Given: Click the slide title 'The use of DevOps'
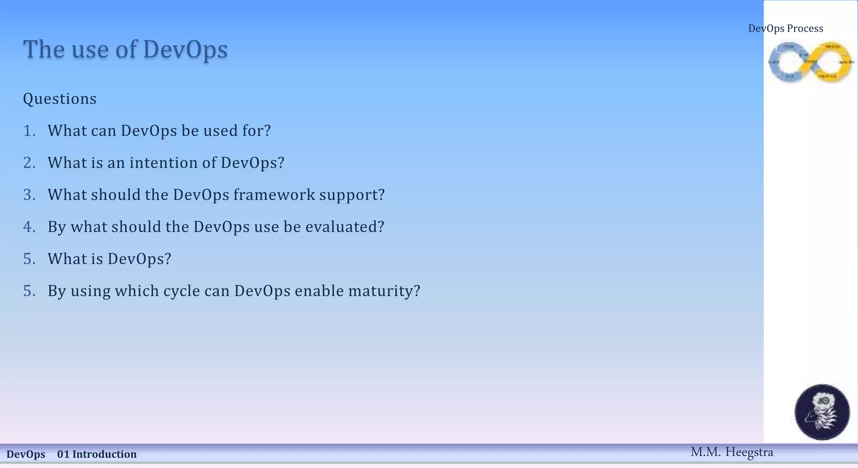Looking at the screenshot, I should (125, 49).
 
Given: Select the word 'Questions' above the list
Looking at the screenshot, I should (59, 99).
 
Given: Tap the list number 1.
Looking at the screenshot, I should (29, 131).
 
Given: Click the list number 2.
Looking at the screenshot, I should (29, 163).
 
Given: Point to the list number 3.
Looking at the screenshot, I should (29, 195).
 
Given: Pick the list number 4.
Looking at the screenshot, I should (29, 227).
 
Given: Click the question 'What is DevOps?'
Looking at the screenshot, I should (109, 259).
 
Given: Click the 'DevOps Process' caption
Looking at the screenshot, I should (786, 28).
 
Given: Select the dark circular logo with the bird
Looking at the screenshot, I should (822, 412).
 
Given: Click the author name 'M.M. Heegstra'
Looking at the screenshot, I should (731, 452).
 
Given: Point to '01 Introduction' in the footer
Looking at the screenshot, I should (97, 454).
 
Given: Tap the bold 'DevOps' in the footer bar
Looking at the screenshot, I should (26, 454).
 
